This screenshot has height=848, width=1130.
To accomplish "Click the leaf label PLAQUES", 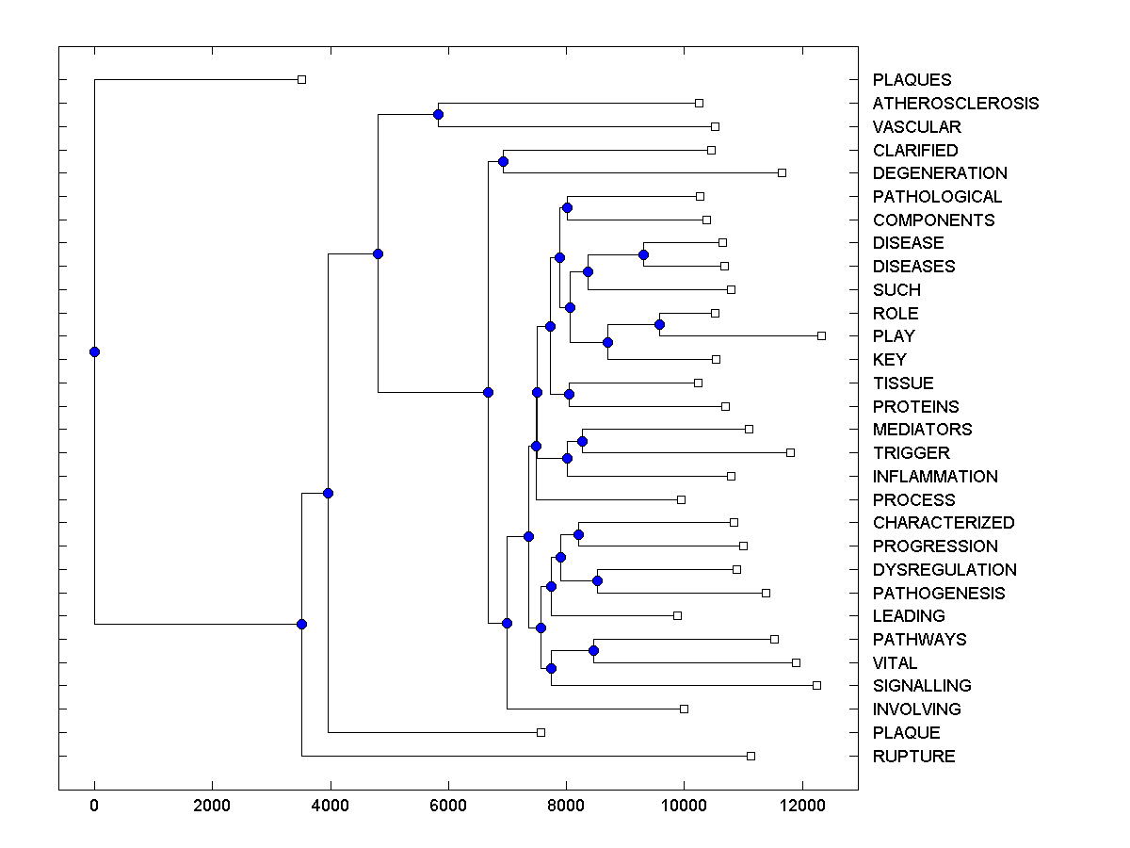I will point(912,80).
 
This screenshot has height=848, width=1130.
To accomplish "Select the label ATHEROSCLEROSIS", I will point(955,104).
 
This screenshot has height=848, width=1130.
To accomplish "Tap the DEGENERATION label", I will point(939,173).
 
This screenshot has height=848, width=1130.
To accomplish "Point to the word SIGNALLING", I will point(921,686).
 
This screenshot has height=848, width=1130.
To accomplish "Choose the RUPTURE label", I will point(913,757).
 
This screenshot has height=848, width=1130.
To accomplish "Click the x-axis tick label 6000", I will point(447,807).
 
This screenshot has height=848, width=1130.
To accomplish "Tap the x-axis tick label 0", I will point(94,807).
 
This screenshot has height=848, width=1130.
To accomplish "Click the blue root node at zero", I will point(94,351).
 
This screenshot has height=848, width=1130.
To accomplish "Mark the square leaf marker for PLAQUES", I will point(301,79).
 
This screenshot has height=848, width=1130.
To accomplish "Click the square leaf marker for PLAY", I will point(821,335).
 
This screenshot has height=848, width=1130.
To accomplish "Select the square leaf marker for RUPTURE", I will point(751,756).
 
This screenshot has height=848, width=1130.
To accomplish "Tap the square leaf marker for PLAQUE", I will point(541,732).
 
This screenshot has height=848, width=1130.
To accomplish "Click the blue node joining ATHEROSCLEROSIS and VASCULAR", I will point(438,114).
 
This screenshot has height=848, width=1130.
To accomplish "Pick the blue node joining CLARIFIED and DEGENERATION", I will point(503,161).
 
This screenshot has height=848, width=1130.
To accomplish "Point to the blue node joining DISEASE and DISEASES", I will point(644,254).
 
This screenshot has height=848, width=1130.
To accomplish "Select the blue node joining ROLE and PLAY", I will point(659,324).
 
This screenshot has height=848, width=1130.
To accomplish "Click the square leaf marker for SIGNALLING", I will point(816,685).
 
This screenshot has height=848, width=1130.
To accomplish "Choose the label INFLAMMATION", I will point(934,477).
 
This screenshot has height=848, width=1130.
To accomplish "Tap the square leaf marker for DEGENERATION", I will point(782,172).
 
